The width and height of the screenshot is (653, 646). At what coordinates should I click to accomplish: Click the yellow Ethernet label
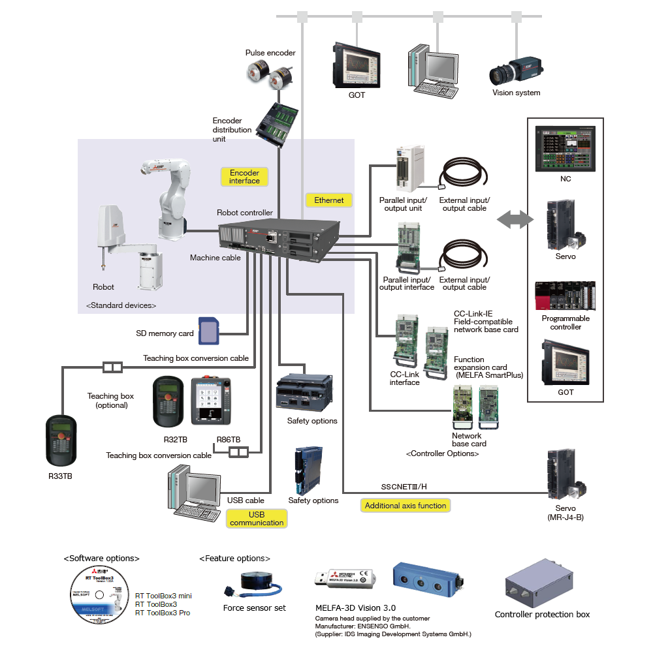pos(328,200)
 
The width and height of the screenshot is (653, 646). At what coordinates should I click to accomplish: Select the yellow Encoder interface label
pos(244,177)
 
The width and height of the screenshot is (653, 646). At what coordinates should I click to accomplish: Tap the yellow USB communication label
pos(257,518)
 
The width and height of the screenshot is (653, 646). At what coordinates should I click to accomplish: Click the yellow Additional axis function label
pos(406,505)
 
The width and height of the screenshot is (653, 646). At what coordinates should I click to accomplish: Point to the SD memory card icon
pos(208,331)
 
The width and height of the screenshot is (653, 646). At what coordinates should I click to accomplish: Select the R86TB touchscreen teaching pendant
pos(210,401)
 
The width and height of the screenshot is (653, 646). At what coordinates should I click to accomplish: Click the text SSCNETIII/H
pos(404,487)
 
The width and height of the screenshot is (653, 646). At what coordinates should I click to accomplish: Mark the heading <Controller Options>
pos(442,453)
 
